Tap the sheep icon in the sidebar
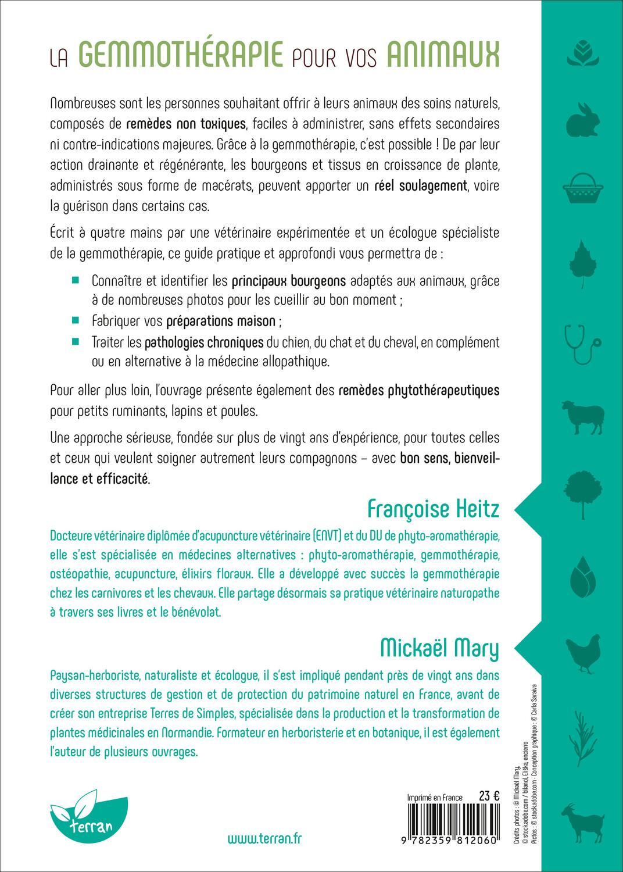(x=582, y=417)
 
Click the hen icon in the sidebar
(x=582, y=651)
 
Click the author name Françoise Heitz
(x=434, y=509)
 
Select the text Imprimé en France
(x=435, y=798)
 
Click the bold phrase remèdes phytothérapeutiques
(x=419, y=389)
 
